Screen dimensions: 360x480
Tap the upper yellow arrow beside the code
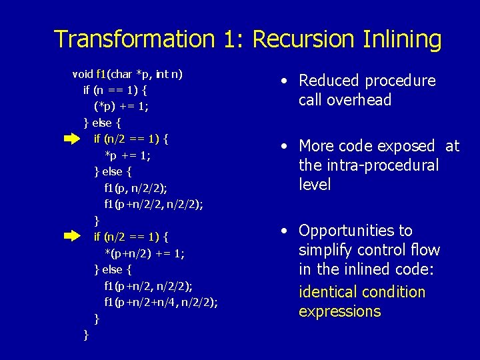pos(71,139)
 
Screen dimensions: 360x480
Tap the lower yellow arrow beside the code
pos(71,236)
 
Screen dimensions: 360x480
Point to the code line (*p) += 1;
pos(121,106)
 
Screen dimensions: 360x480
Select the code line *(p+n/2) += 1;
pos(145,253)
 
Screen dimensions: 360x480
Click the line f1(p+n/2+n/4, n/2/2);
pos(161,302)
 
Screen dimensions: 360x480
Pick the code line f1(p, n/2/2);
pos(136,188)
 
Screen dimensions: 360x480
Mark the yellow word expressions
pos(339,311)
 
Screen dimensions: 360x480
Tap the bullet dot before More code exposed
pos(284,146)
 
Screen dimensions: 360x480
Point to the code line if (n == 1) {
pos(115,90)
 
